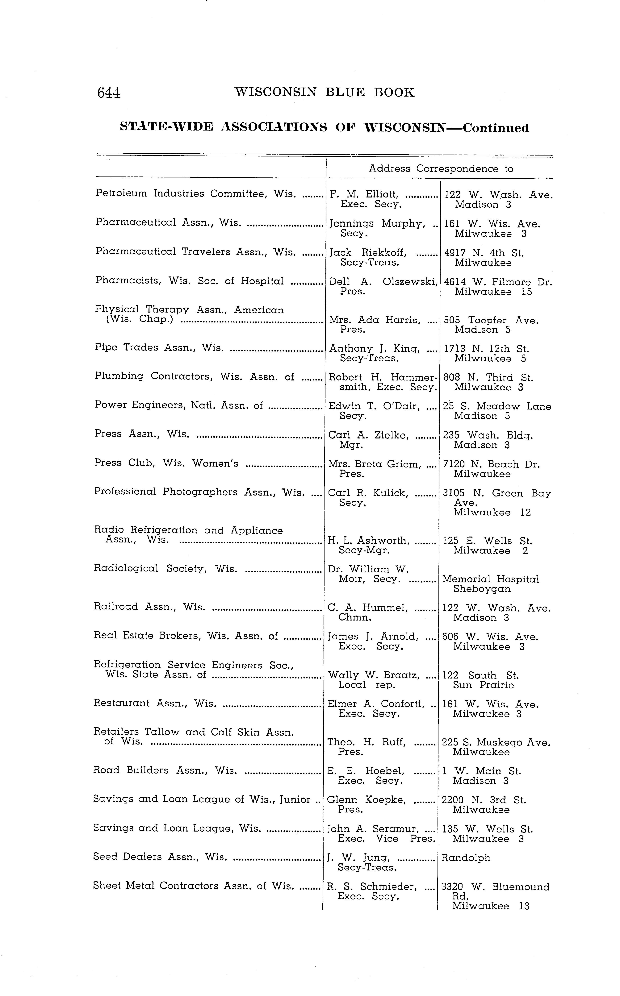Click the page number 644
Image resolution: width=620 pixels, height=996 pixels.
[x=109, y=93]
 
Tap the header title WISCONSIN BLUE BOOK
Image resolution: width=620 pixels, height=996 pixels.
[x=324, y=92]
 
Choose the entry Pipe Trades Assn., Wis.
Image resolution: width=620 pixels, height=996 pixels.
[x=159, y=348]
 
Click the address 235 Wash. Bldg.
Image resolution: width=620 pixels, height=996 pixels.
[x=488, y=435]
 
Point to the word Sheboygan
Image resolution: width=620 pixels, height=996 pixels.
[x=482, y=589]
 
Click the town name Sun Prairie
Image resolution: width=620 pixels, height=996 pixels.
[x=483, y=685]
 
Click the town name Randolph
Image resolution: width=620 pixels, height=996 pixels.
[x=465, y=857]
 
